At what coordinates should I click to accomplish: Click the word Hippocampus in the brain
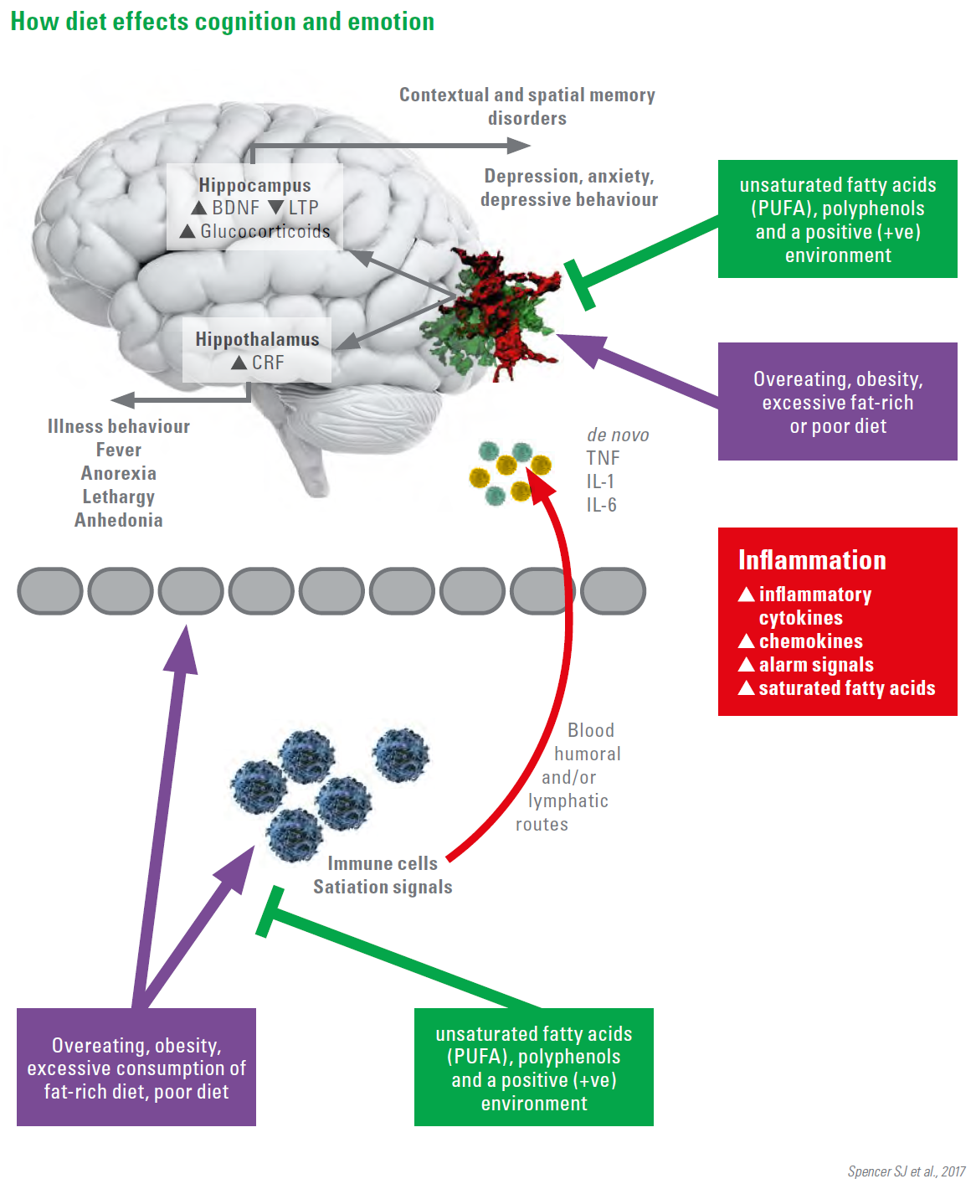pyautogui.click(x=254, y=185)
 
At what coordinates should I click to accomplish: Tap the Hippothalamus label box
pyautogui.click(x=257, y=349)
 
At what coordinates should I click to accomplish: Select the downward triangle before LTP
pyautogui.click(x=275, y=207)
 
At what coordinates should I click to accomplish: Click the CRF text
pyautogui.click(x=268, y=363)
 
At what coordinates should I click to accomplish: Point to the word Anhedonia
pyautogui.click(x=119, y=520)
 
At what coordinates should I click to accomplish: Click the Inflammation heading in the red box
pyautogui.click(x=812, y=560)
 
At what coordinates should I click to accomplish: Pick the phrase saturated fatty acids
pyautogui.click(x=846, y=688)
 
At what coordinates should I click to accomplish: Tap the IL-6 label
pyautogui.click(x=601, y=505)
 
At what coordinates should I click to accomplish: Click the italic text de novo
pyautogui.click(x=618, y=435)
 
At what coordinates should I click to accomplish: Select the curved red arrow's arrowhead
pyautogui.click(x=544, y=486)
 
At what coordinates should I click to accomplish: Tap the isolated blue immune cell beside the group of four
pyautogui.click(x=401, y=754)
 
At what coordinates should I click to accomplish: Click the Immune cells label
pyautogui.click(x=383, y=863)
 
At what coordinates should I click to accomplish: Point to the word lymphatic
pyautogui.click(x=568, y=800)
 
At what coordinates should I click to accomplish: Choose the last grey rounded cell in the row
pyautogui.click(x=613, y=591)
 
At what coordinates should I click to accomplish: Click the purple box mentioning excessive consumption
pyautogui.click(x=136, y=1068)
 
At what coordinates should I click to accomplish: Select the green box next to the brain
pyautogui.click(x=837, y=219)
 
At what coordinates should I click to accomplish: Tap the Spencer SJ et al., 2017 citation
pyautogui.click(x=906, y=1171)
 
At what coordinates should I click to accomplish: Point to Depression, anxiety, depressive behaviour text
pyautogui.click(x=569, y=188)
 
